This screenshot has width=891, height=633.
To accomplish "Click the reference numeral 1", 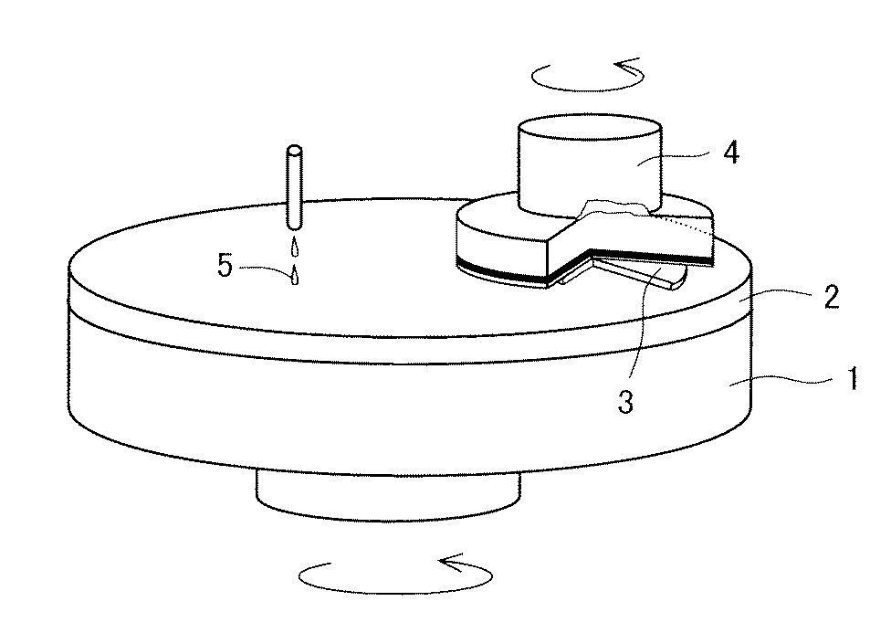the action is click(853, 379).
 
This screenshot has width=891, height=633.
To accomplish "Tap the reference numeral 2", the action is click(832, 297).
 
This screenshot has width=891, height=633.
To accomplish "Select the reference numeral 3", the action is click(625, 402).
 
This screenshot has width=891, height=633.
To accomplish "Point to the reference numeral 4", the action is click(731, 152).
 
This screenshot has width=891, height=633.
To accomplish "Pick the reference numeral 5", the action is click(225, 265).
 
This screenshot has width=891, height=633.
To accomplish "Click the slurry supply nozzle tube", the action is click(294, 188).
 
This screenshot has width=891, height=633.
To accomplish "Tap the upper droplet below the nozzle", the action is click(294, 246).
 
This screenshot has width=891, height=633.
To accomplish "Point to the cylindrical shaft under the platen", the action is click(388, 496).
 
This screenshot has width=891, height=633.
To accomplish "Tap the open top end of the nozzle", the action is click(294, 152).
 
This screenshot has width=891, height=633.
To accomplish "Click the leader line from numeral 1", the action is click(785, 382).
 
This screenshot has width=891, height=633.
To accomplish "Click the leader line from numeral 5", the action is click(264, 269).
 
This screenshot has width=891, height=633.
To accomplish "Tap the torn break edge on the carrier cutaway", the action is click(616, 207).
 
